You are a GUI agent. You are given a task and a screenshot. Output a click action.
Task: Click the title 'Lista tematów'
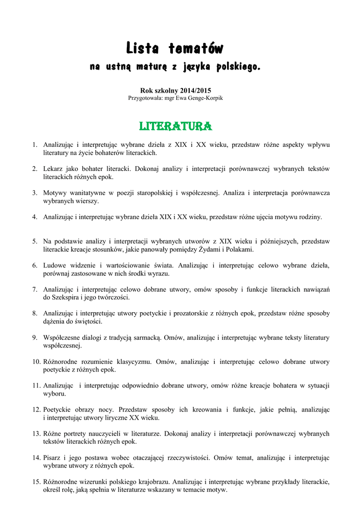pyautogui.click(x=175, y=49)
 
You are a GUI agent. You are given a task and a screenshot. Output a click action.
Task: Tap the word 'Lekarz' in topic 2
pyautogui.click(x=54, y=168)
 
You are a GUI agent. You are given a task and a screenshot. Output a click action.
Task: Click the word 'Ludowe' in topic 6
pyautogui.click(x=55, y=265)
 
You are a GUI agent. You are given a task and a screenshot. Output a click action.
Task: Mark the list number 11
pyautogui.click(x=36, y=385)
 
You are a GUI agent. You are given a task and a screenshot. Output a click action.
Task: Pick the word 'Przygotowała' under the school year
pyautogui.click(x=145, y=98)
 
